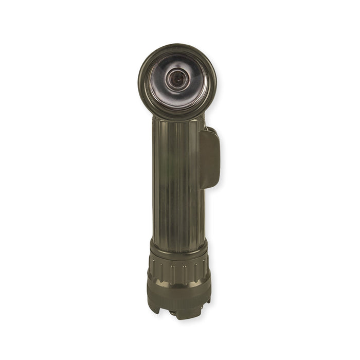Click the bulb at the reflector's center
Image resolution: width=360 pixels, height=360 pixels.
point(176,79)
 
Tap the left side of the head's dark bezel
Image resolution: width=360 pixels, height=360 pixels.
point(142,80)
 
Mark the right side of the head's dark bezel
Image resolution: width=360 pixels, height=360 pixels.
point(212,80)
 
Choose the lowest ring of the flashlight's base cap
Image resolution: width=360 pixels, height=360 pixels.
point(179,301)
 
